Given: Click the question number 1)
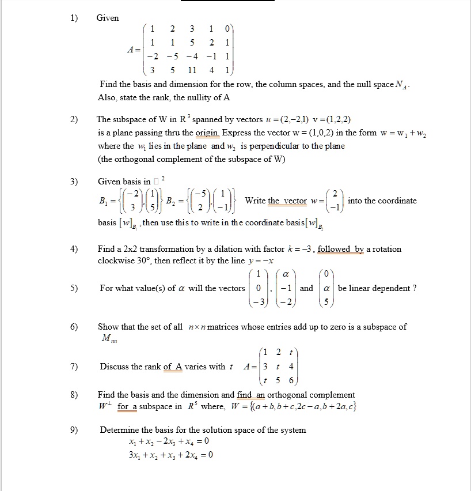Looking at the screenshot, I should (74, 18).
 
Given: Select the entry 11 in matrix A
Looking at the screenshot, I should (192, 71).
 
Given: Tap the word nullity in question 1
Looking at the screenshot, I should (188, 97).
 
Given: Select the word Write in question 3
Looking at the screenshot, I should (256, 201).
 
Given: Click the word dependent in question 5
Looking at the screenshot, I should (394, 288).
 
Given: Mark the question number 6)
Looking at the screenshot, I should (74, 327).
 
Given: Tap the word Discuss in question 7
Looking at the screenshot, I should (113, 367).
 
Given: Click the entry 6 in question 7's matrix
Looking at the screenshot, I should (291, 380).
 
